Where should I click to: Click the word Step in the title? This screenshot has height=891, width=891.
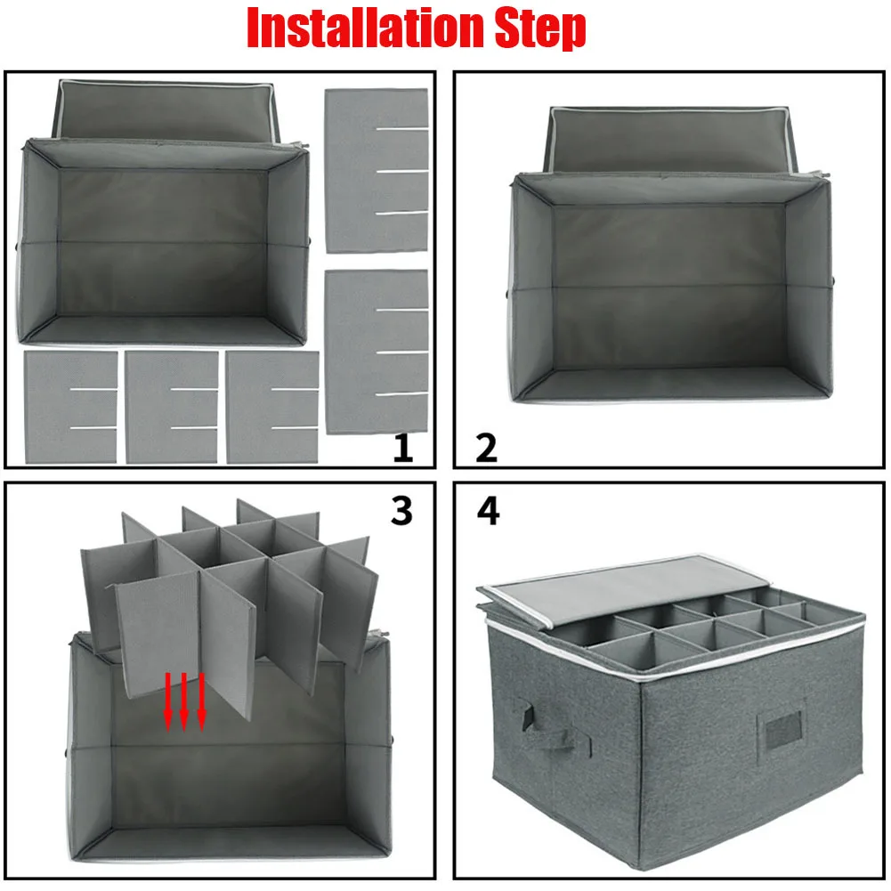coord(540,28)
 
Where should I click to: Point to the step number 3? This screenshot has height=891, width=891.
coord(401,510)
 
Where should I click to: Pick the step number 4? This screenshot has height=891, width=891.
coord(488,510)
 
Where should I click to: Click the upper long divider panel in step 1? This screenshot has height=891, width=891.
coord(377,171)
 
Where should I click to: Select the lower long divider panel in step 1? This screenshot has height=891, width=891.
coord(377,352)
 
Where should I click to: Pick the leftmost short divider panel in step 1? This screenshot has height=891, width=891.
coord(71,407)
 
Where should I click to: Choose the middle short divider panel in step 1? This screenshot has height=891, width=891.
coord(172,407)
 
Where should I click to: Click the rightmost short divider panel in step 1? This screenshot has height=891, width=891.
coord(272,407)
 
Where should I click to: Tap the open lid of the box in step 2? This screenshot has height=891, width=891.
coord(668,139)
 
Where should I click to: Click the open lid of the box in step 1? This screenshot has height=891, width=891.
coord(166,111)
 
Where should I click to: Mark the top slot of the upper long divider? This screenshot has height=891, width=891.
coord(401,129)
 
